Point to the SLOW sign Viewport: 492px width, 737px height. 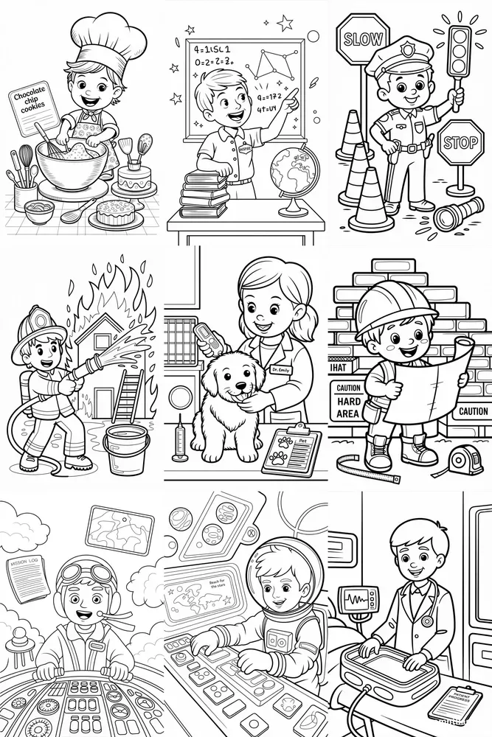[362, 37]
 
